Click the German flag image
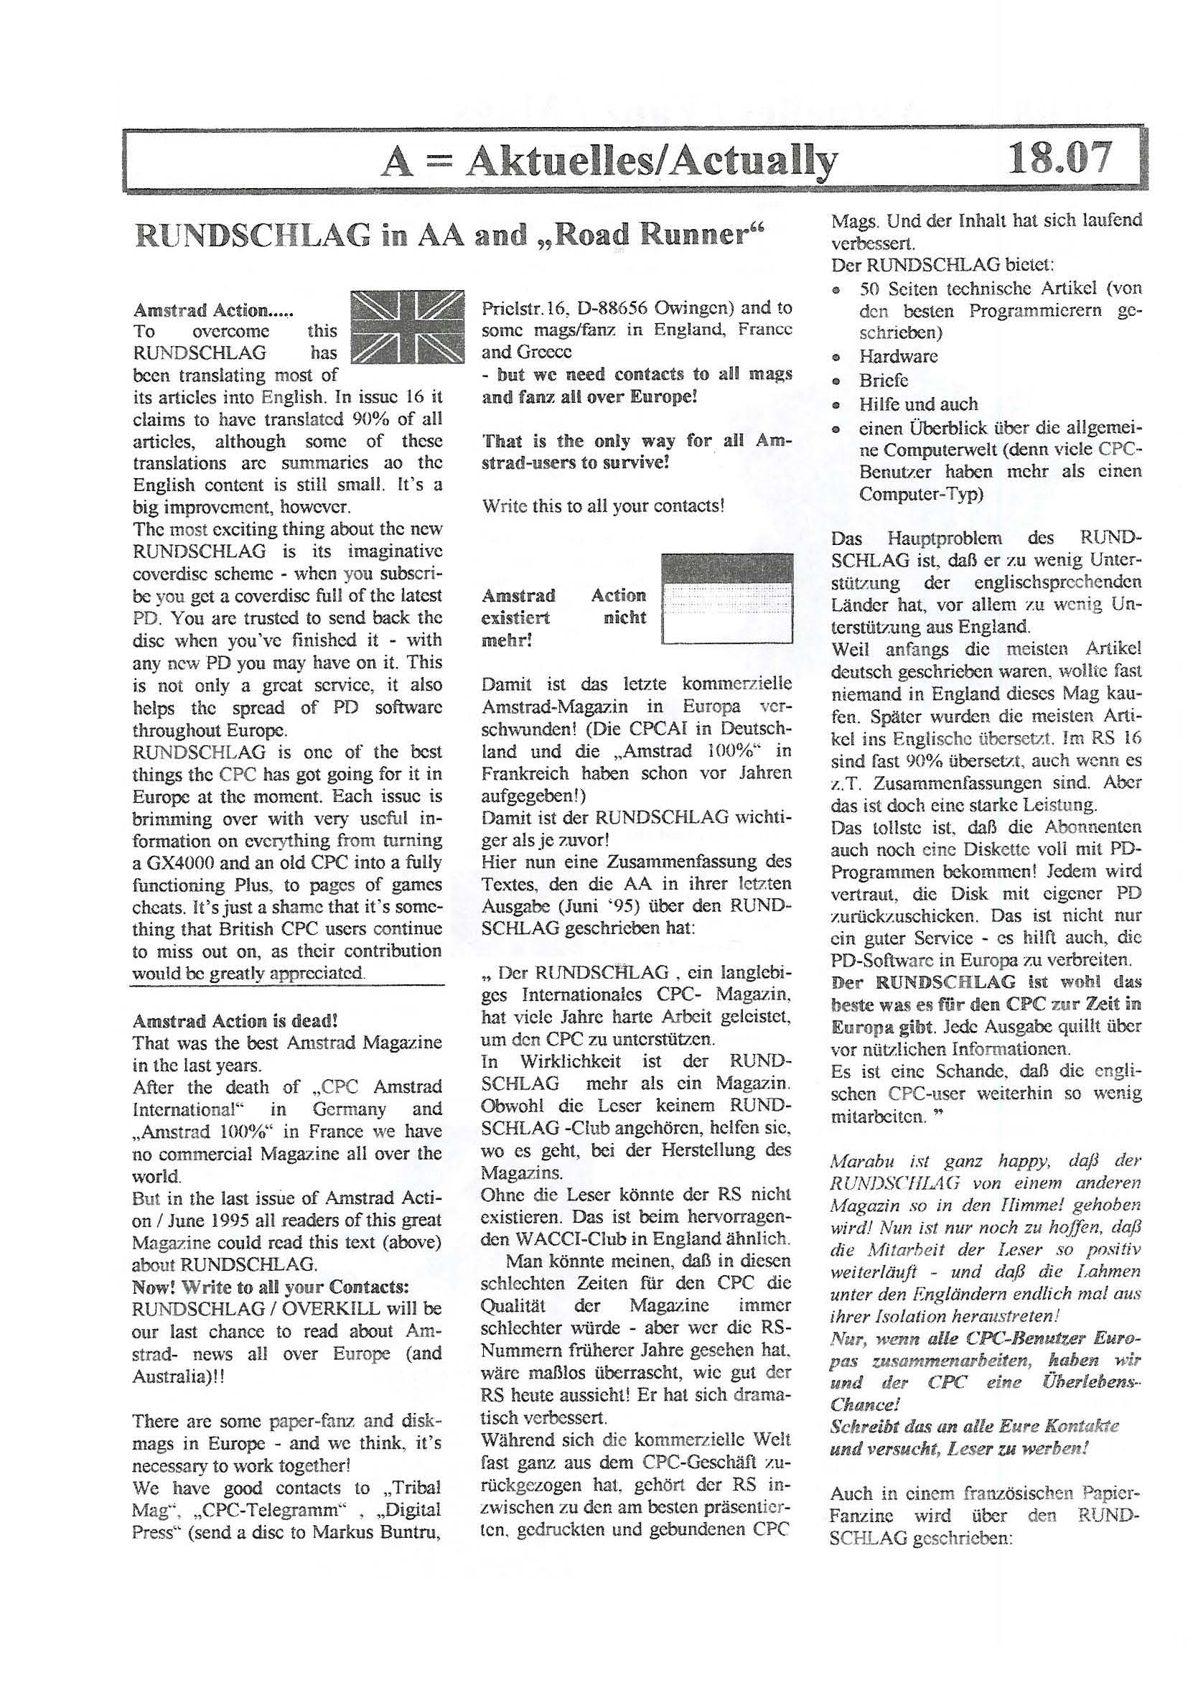(727, 598)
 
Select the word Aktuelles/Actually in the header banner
(651, 160)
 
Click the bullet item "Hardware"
(898, 357)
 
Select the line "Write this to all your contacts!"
(603, 507)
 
